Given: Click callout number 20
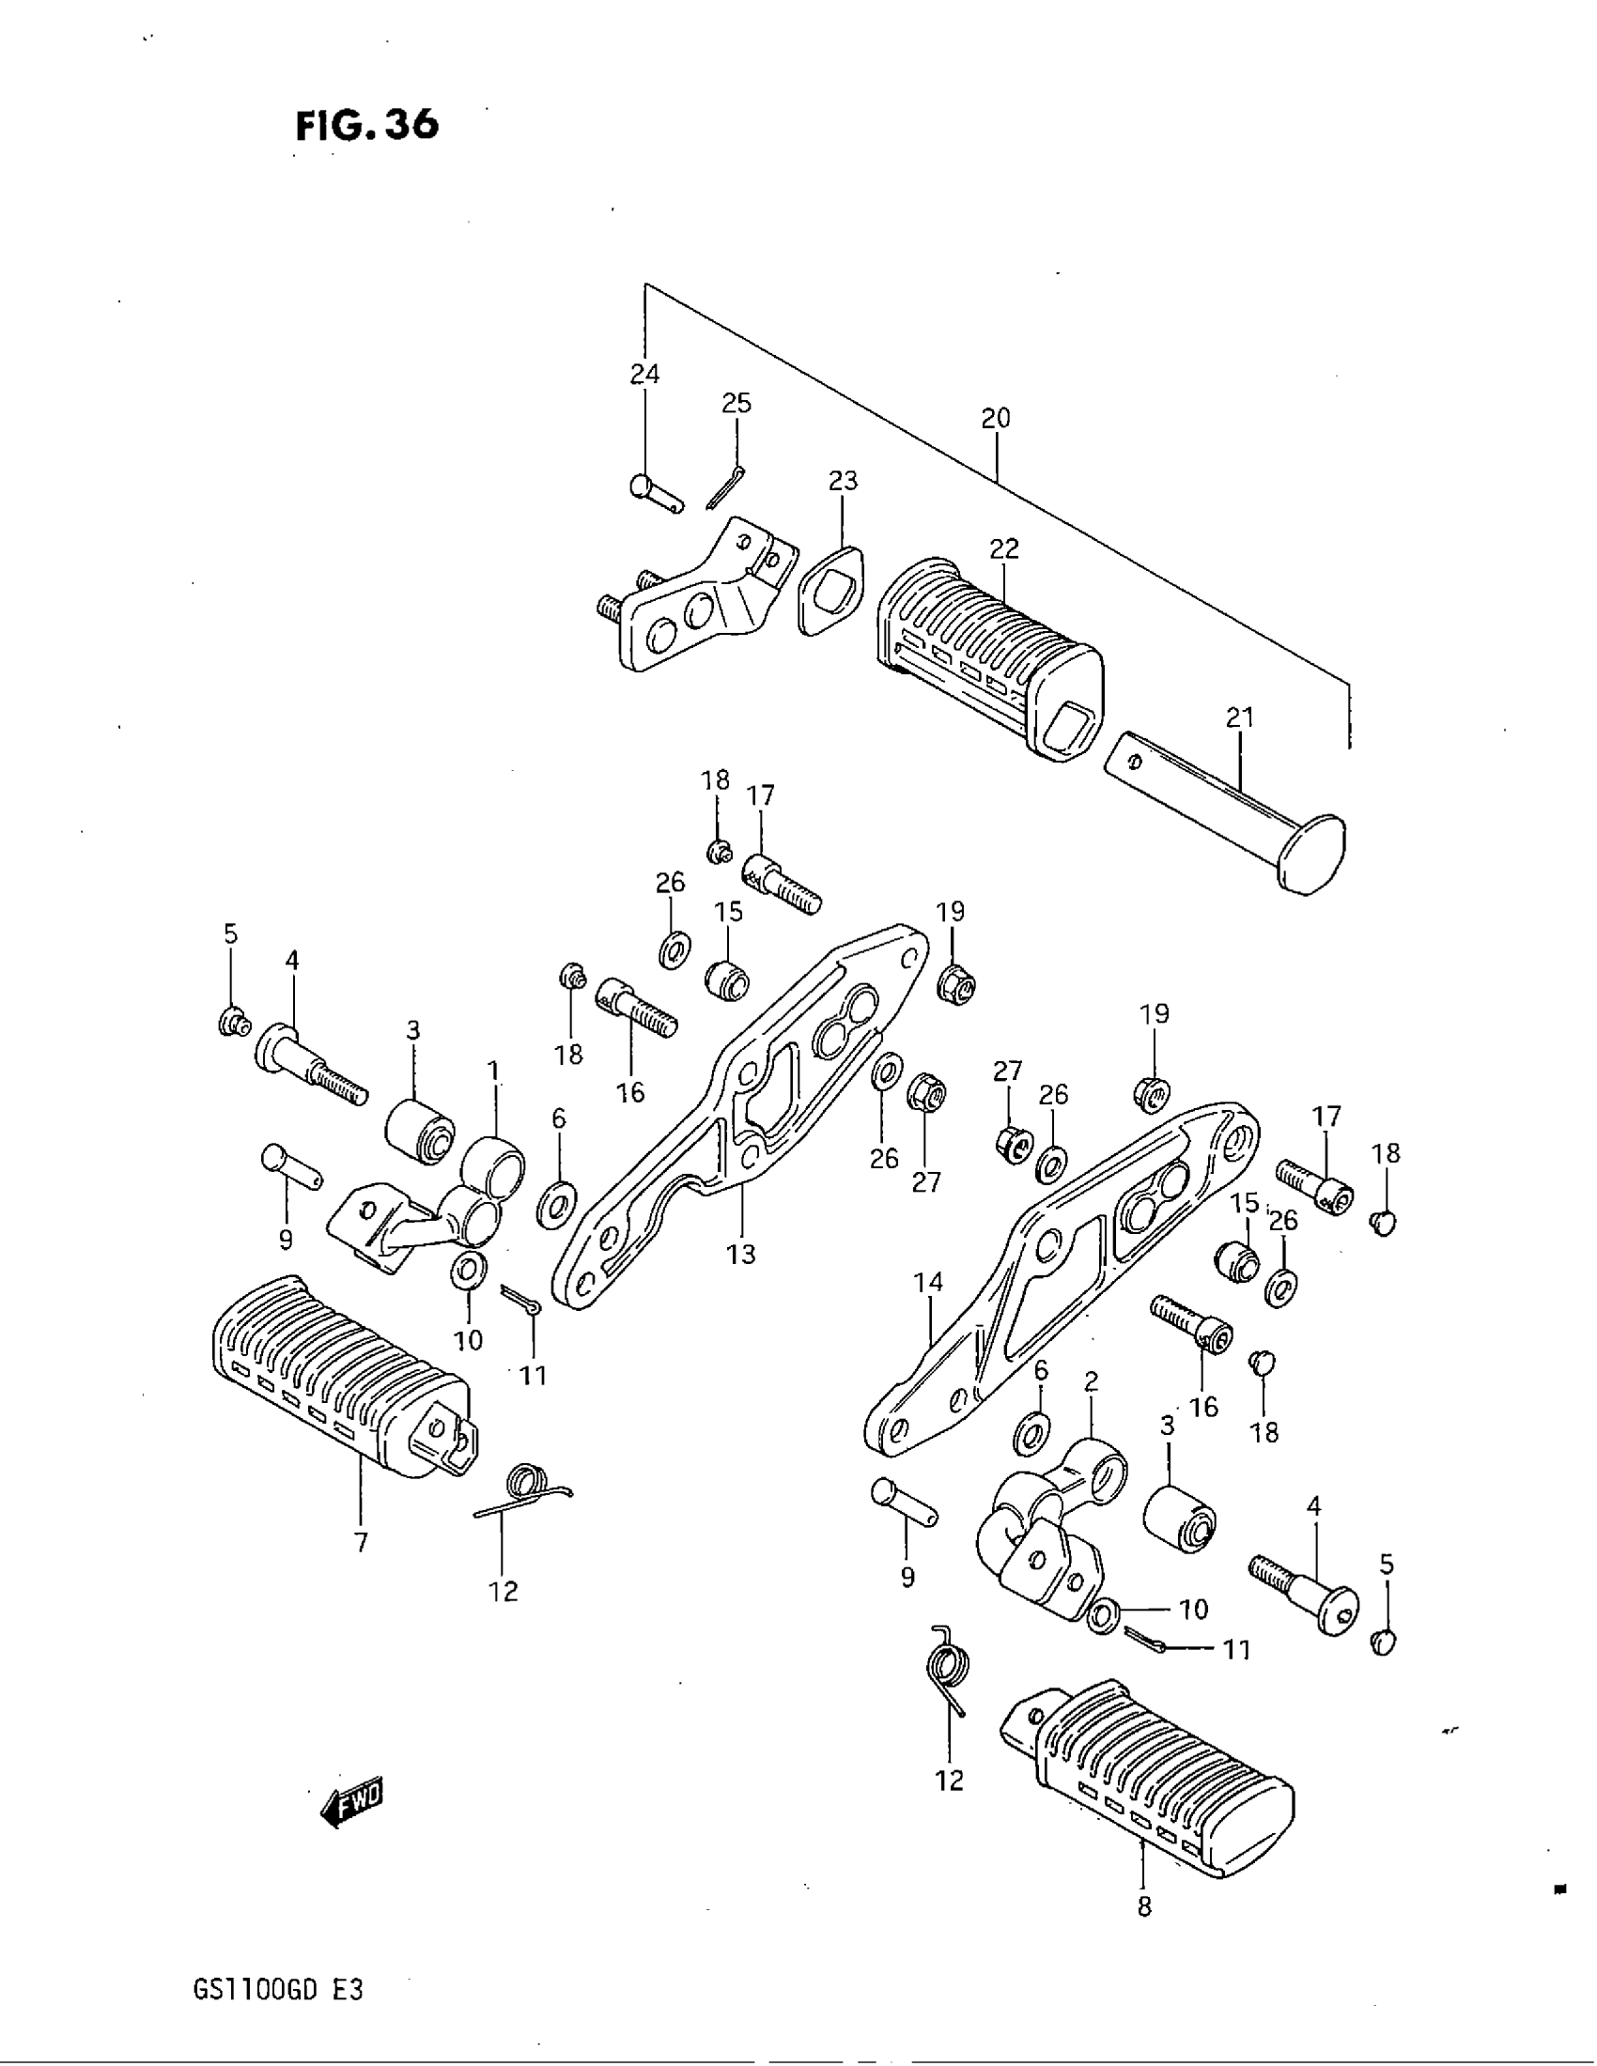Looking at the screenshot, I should coord(995,417).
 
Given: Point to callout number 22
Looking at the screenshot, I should coord(1004,548).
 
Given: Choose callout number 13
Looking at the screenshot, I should coord(741,1255).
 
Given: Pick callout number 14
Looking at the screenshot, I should coord(928,1283).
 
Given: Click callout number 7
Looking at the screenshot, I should coord(361,1543).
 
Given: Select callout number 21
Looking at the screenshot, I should coord(1239,718).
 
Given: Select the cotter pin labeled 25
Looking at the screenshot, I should coord(726,487).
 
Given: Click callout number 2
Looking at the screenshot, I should coord(1091,1382).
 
